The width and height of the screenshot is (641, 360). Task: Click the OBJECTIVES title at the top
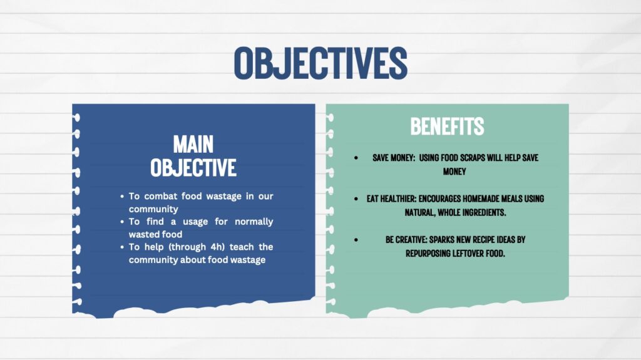click(320, 63)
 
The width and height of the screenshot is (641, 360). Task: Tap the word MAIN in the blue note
click(193, 145)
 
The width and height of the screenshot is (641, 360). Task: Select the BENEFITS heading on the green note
click(447, 126)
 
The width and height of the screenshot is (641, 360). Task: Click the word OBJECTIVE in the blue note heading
click(193, 168)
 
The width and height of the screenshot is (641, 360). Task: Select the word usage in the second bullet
click(195, 222)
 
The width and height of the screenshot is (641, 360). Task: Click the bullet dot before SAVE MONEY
click(356, 158)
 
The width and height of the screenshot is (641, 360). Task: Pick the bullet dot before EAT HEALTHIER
click(356, 199)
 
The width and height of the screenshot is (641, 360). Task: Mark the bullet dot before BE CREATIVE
click(356, 240)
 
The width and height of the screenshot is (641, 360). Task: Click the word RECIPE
click(483, 240)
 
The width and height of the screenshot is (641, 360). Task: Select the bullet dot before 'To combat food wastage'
click(122, 197)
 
